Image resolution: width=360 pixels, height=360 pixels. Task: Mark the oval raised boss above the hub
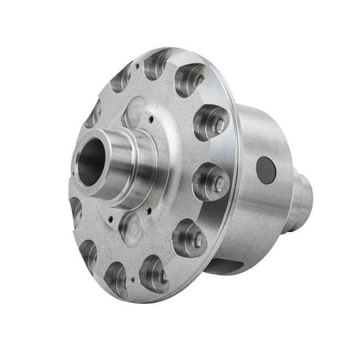tap(138, 113)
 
